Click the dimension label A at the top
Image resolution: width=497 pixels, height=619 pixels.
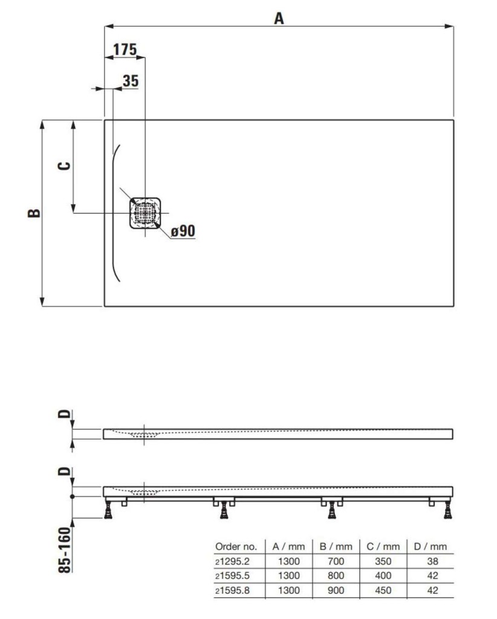279,18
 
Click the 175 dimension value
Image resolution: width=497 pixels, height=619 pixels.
125,50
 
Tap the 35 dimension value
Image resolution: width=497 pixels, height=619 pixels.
131,80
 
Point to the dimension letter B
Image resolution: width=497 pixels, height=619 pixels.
34,213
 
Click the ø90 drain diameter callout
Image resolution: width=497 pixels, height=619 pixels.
183,230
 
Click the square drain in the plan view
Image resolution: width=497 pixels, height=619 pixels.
145,213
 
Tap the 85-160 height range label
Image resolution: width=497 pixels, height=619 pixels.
65,550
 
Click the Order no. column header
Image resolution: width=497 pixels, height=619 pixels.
236,546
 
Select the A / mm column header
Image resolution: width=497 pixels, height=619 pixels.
288,546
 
